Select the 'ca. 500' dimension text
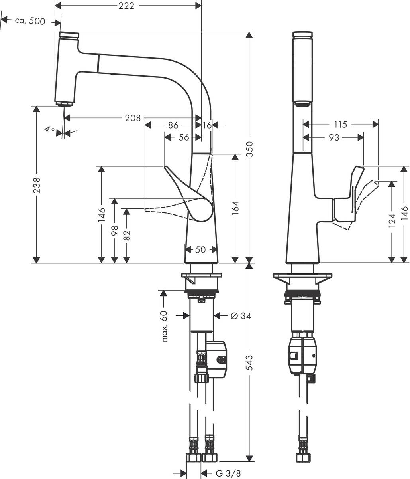pos(30,21)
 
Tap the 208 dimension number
pos(133,118)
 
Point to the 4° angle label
pos(49,130)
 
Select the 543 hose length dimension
pos(249,362)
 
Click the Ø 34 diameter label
pos(241,316)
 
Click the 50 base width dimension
pos(200,250)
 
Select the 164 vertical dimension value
pos(235,208)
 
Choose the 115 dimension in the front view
pos(340,125)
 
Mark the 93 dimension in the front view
pos(334,138)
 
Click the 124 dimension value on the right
pos(392,222)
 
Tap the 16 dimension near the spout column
pos(207,125)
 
